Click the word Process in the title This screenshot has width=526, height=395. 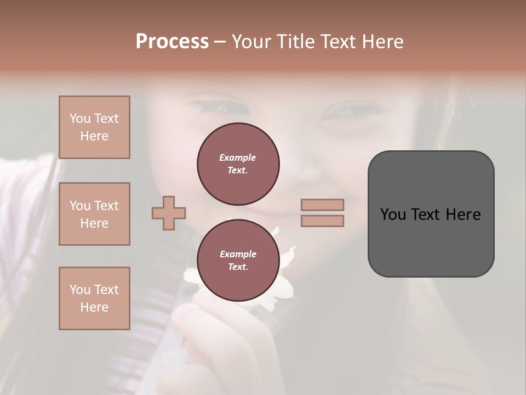(x=172, y=42)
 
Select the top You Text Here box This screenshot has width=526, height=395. (x=94, y=127)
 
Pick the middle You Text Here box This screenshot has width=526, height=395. (x=94, y=214)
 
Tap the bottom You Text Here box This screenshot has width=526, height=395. (x=94, y=298)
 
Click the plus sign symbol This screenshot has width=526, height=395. (x=169, y=213)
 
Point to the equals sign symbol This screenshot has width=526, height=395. (x=322, y=213)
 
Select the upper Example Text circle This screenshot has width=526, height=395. (x=238, y=163)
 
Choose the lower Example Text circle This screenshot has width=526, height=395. (x=238, y=260)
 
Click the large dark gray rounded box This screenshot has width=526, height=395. (x=431, y=214)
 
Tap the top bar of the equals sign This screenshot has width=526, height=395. (x=322, y=205)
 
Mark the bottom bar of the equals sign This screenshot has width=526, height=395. (x=322, y=221)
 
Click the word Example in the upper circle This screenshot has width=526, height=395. (x=238, y=157)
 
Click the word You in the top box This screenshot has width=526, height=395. (x=79, y=119)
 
